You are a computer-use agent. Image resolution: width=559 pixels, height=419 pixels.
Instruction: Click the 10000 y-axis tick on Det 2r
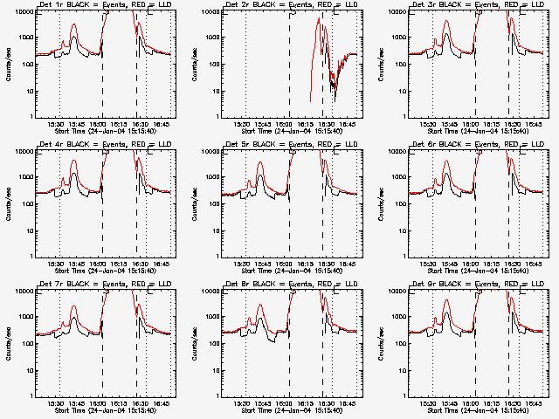point(208,12)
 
